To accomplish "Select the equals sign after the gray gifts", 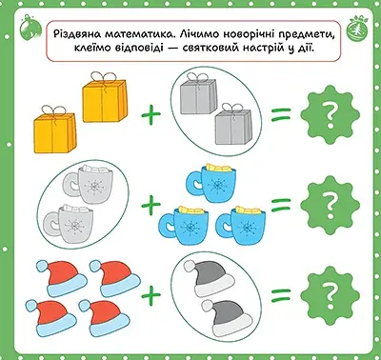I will click(279, 115).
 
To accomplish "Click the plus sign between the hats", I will click(149, 292).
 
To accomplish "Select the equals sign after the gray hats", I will click(280, 292).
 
